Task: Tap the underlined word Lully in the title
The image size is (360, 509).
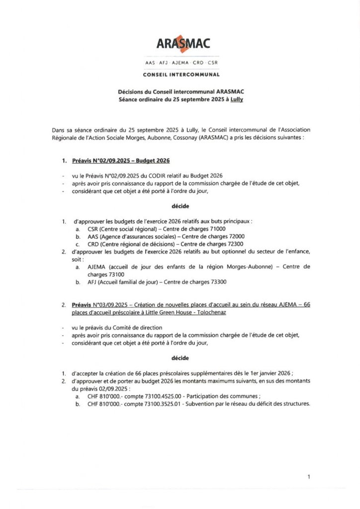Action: click(241, 99)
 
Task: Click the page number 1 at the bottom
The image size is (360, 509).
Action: click(309, 477)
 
